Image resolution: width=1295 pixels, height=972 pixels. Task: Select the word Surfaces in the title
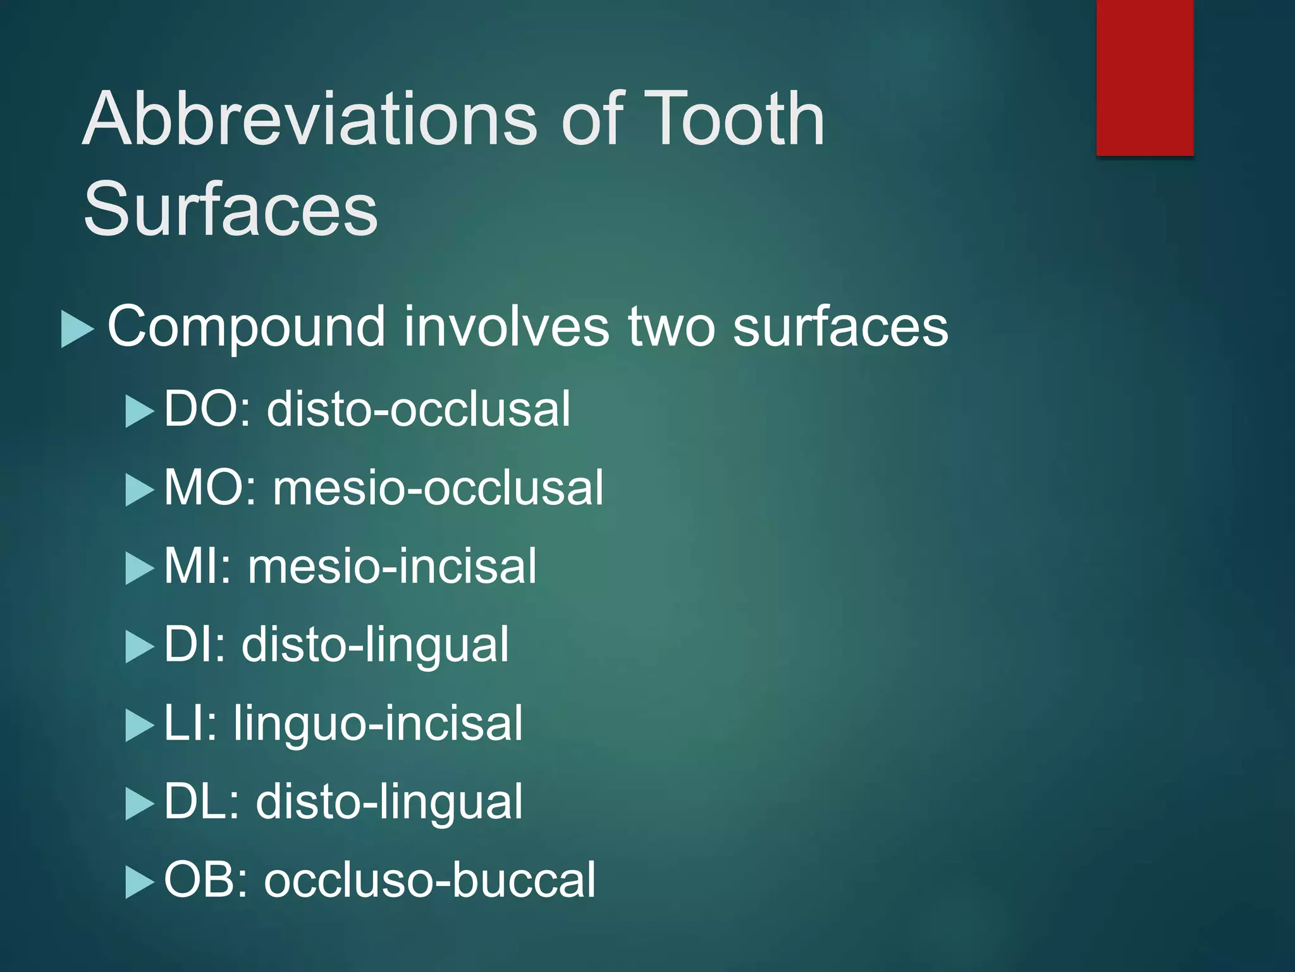(230, 209)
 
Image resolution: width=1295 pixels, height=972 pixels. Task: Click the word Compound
(246, 328)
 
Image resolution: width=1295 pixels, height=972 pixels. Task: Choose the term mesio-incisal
(392, 566)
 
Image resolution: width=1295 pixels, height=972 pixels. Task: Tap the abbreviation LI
(190, 723)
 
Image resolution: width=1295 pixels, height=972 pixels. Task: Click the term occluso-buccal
(429, 880)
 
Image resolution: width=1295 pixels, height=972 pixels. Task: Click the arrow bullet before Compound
(77, 329)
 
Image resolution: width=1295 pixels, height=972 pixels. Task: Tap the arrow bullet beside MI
(139, 568)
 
